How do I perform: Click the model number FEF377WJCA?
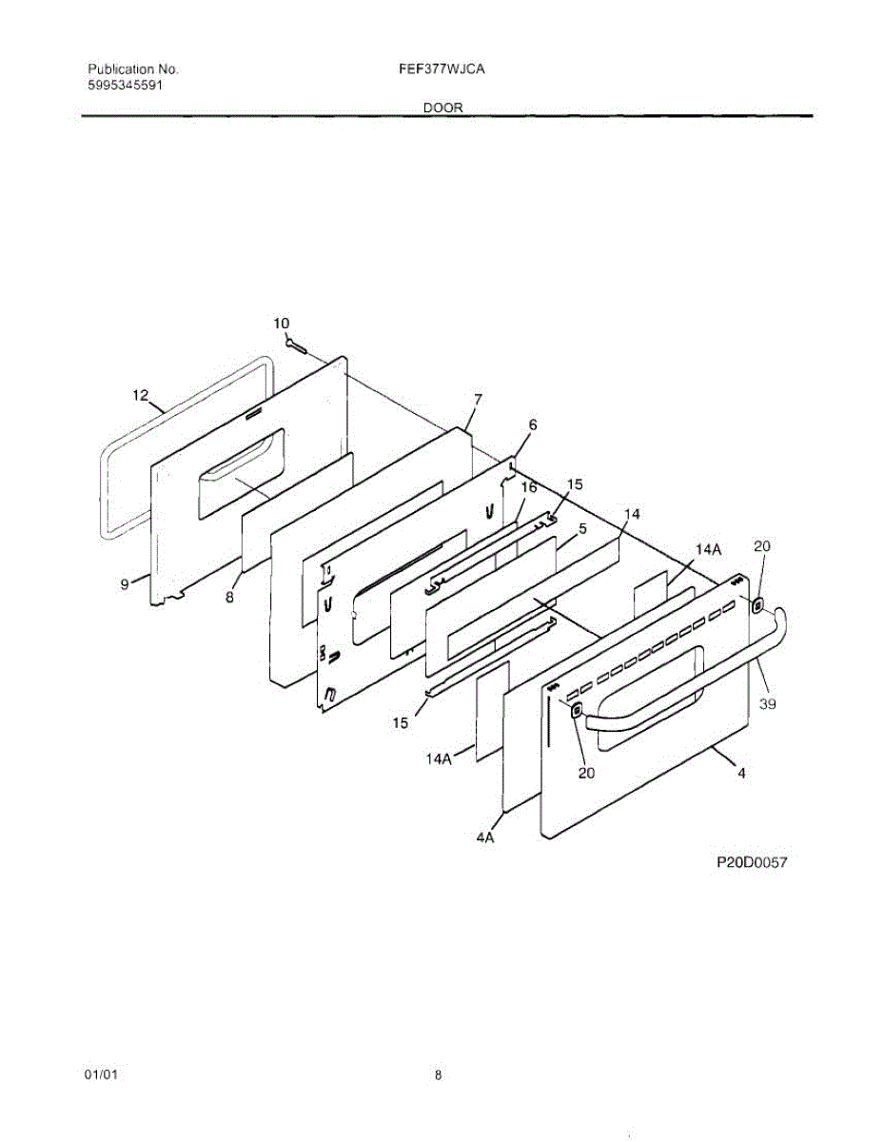[x=443, y=69]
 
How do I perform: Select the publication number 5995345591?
[x=126, y=85]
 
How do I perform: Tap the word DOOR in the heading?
[x=443, y=108]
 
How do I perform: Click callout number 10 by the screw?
[x=281, y=324]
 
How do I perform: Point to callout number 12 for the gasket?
[x=141, y=395]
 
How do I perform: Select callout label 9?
[x=125, y=585]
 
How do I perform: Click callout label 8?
[x=229, y=599]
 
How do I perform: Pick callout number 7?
[x=479, y=400]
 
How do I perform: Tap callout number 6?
[x=533, y=425]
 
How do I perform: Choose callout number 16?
[x=529, y=487]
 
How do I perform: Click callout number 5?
[x=581, y=528]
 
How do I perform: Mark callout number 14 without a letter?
[x=631, y=514]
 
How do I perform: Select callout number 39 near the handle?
[x=768, y=703]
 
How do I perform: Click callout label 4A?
[x=485, y=838]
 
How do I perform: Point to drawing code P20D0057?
[x=753, y=863]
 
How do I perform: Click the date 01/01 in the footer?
[x=101, y=1075]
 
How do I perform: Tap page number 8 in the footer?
[x=438, y=1075]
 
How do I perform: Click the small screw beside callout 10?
[x=294, y=345]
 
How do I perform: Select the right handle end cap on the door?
[x=758, y=605]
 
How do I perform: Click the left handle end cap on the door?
[x=576, y=711]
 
